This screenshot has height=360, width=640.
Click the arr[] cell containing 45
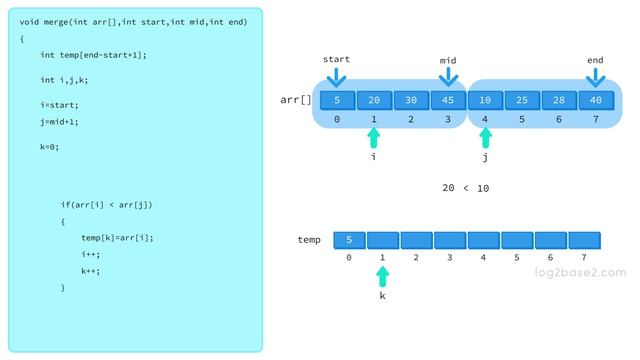448,100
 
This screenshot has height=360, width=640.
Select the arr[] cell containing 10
485,100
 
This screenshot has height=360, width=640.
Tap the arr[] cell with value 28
559,100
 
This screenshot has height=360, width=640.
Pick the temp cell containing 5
349,240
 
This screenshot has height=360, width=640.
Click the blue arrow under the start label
336,76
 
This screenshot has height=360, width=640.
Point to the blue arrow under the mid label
448,76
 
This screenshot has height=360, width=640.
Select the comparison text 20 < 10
465,188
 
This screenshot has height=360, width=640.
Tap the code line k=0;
50,146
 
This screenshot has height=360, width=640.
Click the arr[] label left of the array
296,100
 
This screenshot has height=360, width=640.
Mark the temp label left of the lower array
309,240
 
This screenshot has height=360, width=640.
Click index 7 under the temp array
584,257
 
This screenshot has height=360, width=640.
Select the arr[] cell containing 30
411,100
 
